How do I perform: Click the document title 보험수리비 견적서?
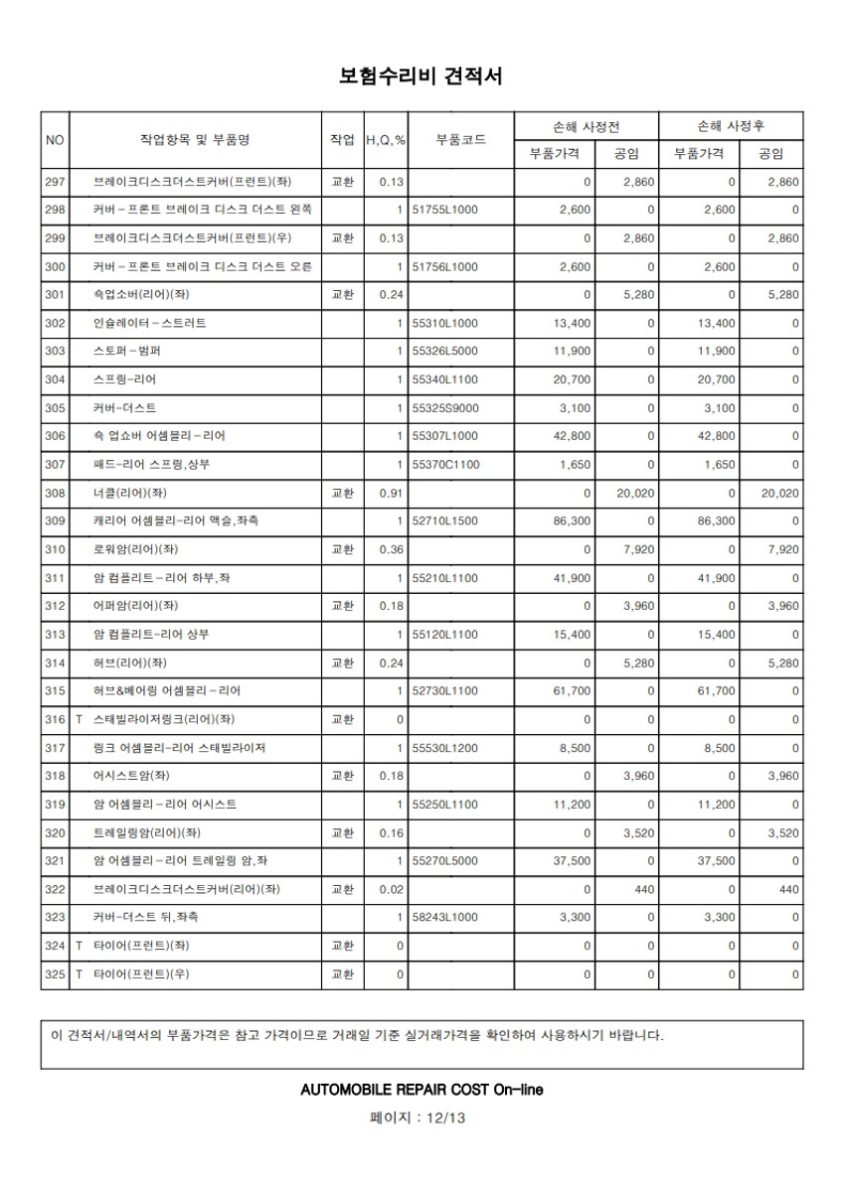[421, 76]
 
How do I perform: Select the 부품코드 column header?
[460, 140]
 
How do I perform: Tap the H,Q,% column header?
[386, 140]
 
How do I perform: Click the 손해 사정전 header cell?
[587, 126]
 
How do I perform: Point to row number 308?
[55, 493]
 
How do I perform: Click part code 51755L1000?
[444, 210]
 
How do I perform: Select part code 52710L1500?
[444, 521]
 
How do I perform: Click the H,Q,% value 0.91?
[393, 493]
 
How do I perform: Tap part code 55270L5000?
[444, 860]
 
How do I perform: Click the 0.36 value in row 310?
[393, 549]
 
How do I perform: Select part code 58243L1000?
[444, 917]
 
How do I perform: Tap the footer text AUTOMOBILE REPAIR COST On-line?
[421, 1090]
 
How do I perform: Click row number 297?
[55, 182]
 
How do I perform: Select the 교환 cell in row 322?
[342, 889]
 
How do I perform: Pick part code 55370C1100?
[444, 464]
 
